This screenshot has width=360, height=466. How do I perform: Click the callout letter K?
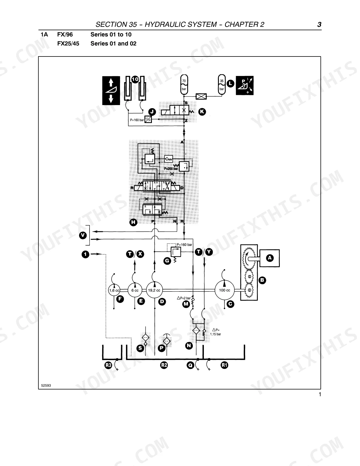click(x=202, y=112)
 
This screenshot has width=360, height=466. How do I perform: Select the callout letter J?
click(x=152, y=112)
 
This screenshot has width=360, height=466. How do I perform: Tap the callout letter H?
click(x=133, y=222)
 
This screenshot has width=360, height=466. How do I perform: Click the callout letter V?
click(x=83, y=236)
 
